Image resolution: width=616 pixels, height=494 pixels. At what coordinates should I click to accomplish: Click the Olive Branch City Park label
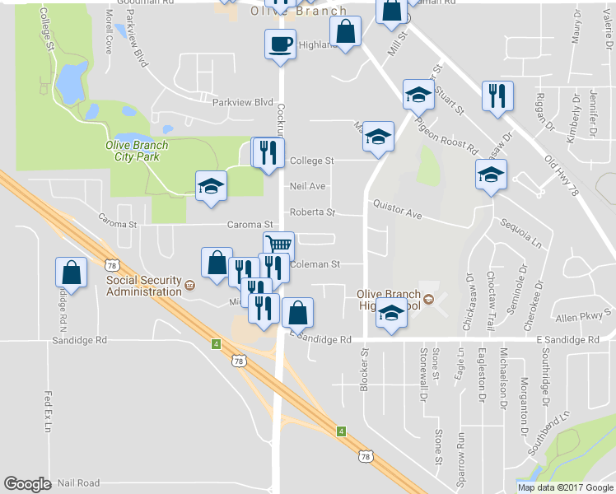pos(137,151)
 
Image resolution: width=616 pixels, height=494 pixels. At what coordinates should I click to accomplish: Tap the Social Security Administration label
pos(143,286)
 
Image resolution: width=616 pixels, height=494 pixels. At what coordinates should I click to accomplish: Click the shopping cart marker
pos(279,245)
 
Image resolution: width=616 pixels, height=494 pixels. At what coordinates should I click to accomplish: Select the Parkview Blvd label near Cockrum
pos(241,103)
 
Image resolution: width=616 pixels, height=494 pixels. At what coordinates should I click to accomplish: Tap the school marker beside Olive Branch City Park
pos(210,184)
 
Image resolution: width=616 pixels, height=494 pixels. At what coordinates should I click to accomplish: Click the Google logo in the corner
pos(27,484)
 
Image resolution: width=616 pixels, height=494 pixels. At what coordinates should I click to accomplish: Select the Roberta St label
pos(312,212)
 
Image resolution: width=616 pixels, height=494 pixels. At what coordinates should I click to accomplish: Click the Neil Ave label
pos(307,187)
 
